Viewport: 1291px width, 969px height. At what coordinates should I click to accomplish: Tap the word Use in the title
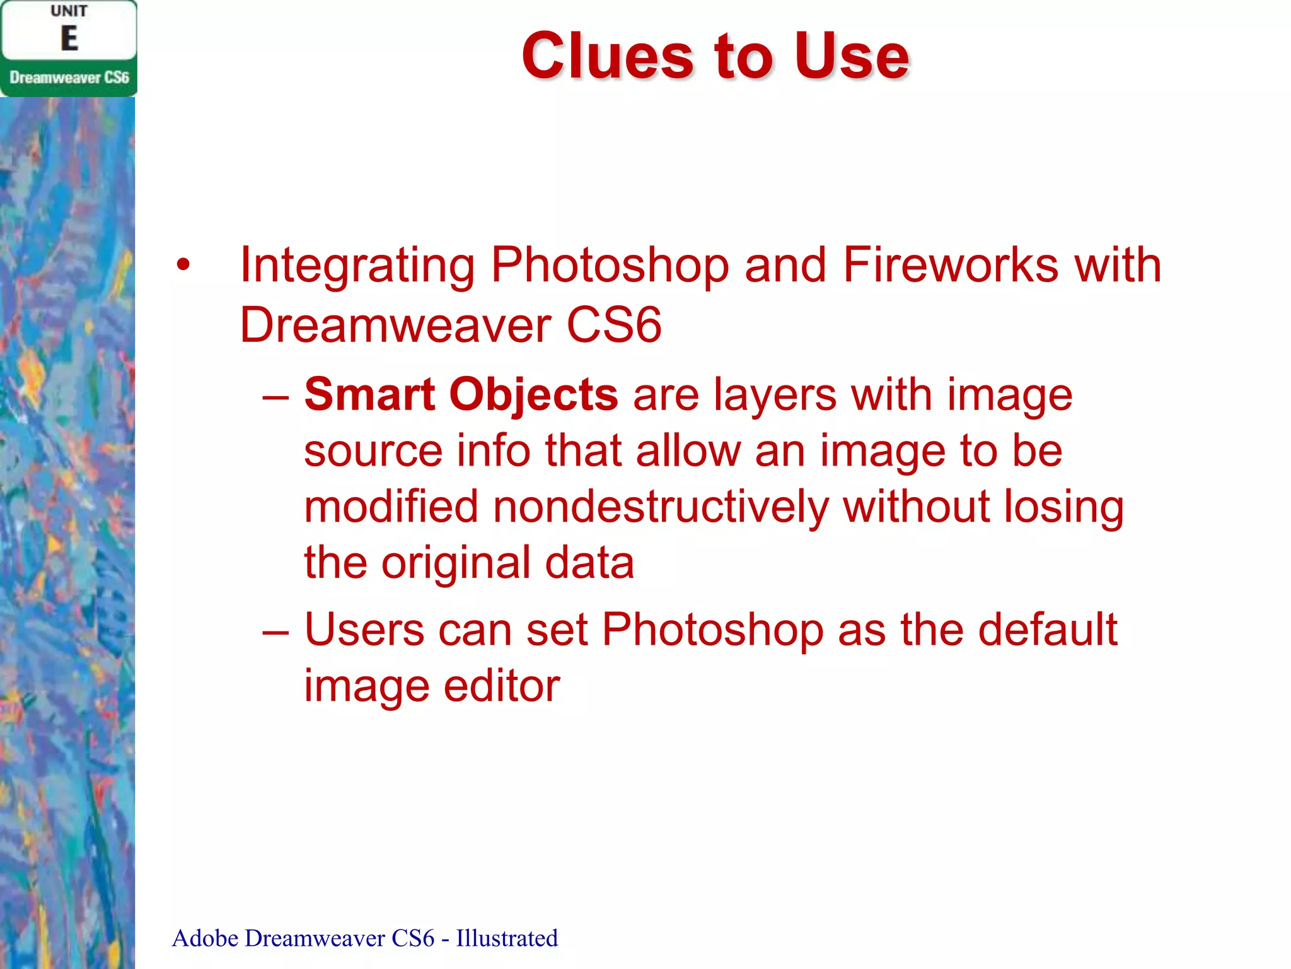(x=852, y=57)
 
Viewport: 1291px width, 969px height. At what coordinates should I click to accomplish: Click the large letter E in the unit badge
(x=69, y=38)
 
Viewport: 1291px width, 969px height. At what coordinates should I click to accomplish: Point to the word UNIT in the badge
(x=69, y=11)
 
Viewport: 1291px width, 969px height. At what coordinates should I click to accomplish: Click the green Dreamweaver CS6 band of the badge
(x=69, y=78)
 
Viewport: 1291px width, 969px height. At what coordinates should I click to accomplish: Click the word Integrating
(x=357, y=266)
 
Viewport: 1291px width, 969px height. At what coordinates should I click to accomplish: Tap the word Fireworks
(x=951, y=264)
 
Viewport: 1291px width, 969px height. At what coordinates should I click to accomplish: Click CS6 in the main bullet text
(x=614, y=325)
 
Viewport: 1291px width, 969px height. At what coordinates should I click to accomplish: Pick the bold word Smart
(x=369, y=395)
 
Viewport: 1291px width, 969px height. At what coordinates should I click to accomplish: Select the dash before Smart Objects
(x=275, y=397)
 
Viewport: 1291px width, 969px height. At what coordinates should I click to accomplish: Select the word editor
(x=502, y=686)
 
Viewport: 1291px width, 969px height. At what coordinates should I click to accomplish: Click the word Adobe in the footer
(x=206, y=938)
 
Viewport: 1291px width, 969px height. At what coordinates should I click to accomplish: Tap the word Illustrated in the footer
(x=507, y=938)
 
